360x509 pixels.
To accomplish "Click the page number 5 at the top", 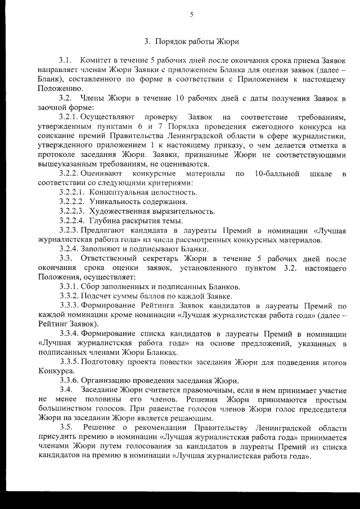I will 191,15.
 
